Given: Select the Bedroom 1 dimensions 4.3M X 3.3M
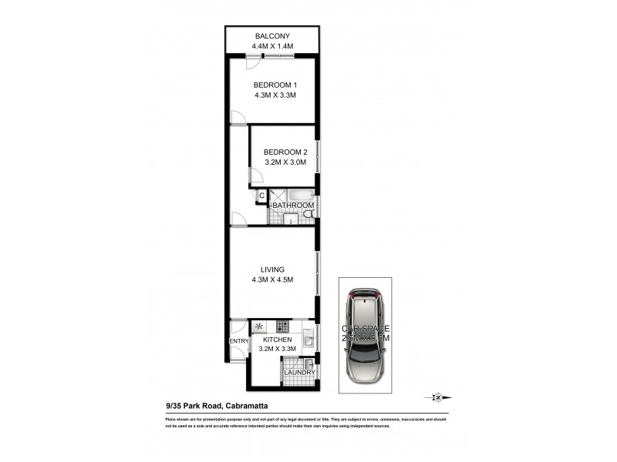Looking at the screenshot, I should pos(275,95).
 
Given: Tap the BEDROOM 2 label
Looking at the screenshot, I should pos(285,152).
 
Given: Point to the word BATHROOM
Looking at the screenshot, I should pos(293,206).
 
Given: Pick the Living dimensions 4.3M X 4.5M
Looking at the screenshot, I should pos(272,280).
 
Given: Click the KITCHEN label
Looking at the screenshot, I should pos(277,340).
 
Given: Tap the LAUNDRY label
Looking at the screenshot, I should pos(299,373).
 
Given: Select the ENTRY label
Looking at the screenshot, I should pos(238,341).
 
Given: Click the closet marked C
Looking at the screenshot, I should pos(261,196).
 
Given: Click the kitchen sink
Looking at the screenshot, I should pos(308,336).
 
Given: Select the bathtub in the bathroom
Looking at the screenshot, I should pos(298,194).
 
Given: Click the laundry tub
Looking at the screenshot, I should pos(308,363).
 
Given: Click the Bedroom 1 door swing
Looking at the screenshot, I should pos(239,116).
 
